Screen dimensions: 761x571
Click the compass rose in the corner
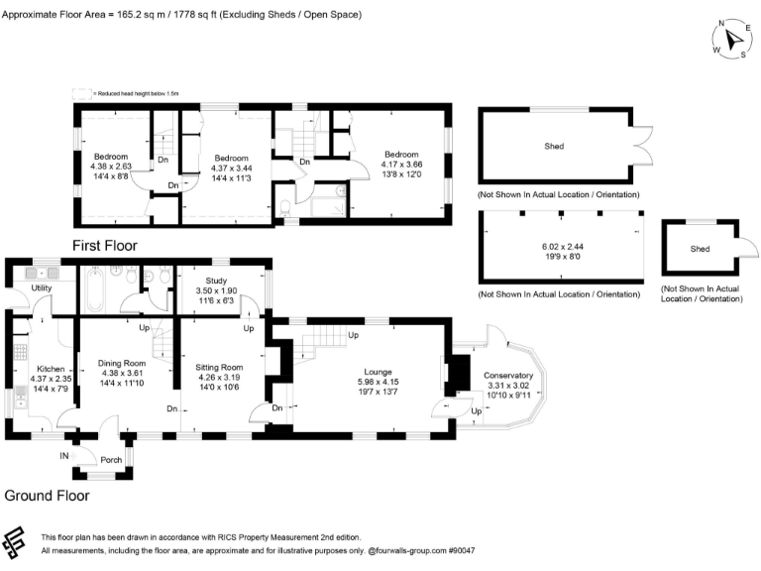pos(733,40)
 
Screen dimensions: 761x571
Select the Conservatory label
pos(508,377)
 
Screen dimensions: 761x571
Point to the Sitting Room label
pos(219,368)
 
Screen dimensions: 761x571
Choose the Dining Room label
pos(121,364)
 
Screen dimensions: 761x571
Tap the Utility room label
pos(42,288)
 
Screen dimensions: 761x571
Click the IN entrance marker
pos(64,456)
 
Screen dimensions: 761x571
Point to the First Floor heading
pos(104,245)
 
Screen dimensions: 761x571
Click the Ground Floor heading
pos(47,495)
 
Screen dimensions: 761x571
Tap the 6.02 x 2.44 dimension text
pos(554,248)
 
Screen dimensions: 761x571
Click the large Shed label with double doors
pos(554,146)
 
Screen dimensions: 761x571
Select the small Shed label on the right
pos(701,249)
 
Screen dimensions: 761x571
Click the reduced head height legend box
pos(81,94)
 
